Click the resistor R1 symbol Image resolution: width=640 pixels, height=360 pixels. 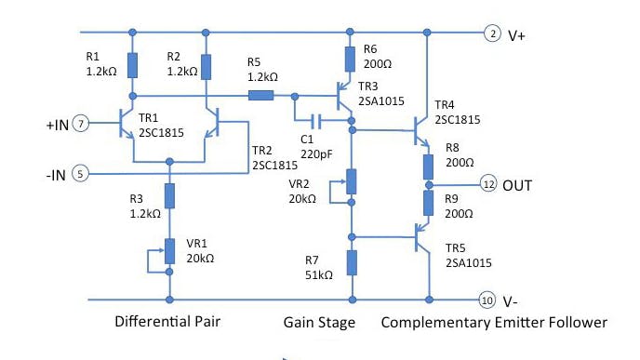pos(133,65)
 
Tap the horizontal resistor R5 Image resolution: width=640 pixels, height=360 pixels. pos(260,95)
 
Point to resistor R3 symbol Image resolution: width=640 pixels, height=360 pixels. pos(170,195)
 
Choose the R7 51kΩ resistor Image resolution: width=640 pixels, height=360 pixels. pos(351,262)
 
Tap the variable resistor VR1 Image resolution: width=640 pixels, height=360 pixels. pos(170,250)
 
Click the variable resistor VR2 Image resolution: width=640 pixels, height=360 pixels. pos(351,181)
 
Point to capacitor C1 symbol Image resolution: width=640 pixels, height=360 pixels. pos(317,120)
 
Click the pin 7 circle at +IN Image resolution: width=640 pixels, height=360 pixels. pos(82,123)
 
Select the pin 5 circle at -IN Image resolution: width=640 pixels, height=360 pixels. pos(82,173)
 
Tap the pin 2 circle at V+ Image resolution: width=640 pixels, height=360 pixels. pos(491,34)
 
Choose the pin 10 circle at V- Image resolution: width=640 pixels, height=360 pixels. pos(486,300)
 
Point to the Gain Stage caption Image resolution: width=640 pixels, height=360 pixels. pos(320,323)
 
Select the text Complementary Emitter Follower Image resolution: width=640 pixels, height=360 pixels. pos(493,323)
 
